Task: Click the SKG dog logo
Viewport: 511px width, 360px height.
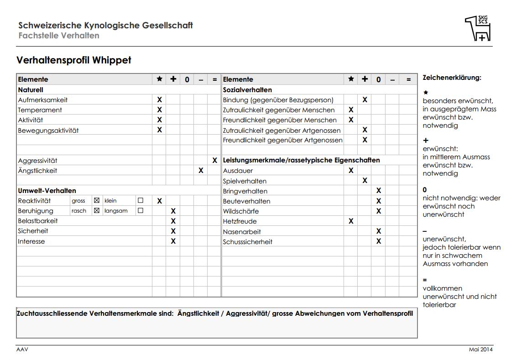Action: point(478,28)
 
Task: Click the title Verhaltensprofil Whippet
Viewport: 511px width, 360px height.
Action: point(74,60)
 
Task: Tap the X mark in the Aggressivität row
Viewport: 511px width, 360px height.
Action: point(214,161)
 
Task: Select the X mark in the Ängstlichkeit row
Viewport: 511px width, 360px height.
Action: point(201,171)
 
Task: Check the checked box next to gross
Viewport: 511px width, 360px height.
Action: point(96,201)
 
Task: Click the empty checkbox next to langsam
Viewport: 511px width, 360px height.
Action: point(141,211)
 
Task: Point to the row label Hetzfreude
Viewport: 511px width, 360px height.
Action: point(240,221)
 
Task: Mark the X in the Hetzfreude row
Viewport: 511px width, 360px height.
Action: point(351,221)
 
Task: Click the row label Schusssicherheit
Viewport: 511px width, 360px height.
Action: point(247,242)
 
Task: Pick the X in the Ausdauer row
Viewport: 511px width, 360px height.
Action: point(351,171)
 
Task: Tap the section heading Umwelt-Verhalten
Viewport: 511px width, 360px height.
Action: point(47,191)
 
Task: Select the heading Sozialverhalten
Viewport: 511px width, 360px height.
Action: point(247,90)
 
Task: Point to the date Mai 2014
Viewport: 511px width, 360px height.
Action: point(481,350)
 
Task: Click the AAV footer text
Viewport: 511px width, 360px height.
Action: point(22,350)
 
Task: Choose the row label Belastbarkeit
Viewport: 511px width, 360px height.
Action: point(38,221)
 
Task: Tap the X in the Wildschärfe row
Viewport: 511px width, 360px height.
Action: point(379,211)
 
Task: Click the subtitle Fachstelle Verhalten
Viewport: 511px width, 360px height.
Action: point(59,36)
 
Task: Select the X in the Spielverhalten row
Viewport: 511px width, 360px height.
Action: point(365,181)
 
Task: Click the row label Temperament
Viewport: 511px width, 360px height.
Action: point(40,110)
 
